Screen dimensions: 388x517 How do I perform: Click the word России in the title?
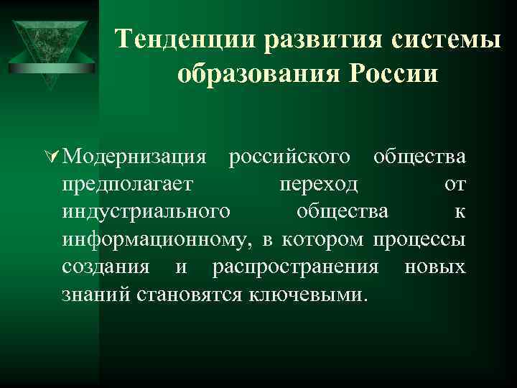[391, 74]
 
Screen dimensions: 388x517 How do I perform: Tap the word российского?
[289, 157]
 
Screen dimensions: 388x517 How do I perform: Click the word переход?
[318, 185]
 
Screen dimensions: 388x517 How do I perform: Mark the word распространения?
[295, 267]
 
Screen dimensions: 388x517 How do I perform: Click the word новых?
[434, 267]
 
